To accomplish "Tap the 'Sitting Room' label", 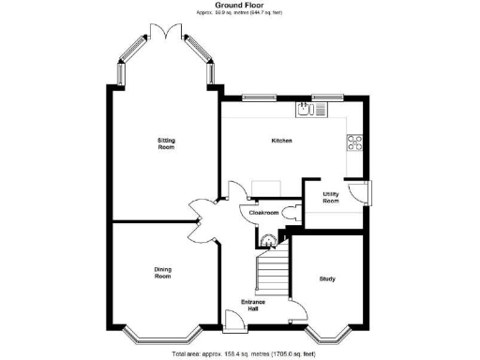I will [166, 143].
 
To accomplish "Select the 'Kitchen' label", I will [281, 141].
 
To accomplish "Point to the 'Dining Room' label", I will [162, 273].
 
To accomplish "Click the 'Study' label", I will [327, 278].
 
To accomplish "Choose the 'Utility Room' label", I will [331, 198].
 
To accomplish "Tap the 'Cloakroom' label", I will [262, 213].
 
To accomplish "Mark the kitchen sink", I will [311, 109].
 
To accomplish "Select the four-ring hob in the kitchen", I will [355, 142].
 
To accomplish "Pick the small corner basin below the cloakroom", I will [269, 239].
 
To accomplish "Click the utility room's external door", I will [360, 192].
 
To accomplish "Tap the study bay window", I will [326, 335].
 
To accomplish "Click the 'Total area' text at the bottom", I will [239, 354].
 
